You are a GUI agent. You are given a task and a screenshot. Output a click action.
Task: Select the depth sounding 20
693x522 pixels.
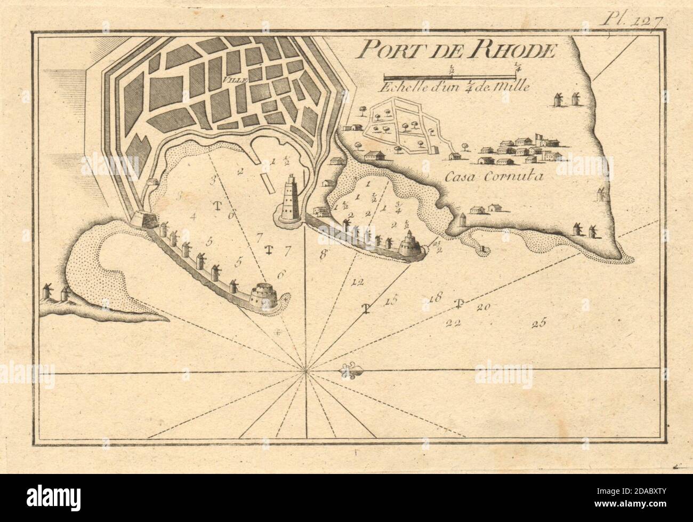pyautogui.click(x=484, y=306)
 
